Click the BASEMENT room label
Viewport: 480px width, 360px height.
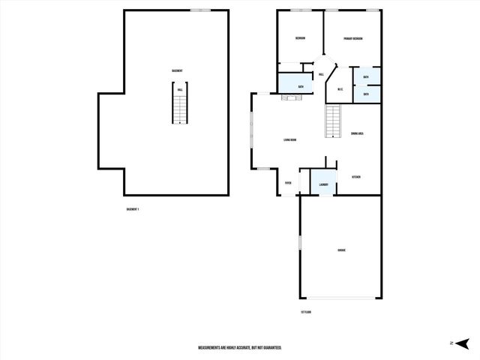pos(177,70)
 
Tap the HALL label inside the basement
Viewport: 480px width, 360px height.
pos(180,90)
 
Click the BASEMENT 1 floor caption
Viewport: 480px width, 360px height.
pos(133,208)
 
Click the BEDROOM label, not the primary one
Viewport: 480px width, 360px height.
pos(300,37)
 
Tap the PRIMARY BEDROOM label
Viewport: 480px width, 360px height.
pos(353,38)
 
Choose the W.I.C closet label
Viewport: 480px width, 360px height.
pos(340,90)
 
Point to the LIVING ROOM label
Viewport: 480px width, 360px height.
pos(290,140)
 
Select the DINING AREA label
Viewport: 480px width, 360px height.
pos(357,133)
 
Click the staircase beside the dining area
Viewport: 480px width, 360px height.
pos(333,121)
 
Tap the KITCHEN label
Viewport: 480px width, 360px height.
pos(356,177)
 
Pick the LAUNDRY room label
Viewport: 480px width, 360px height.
pos(323,184)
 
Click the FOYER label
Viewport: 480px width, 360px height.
pos(288,183)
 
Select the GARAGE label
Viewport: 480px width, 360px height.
pos(341,250)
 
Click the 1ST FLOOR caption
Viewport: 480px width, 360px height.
pos(305,311)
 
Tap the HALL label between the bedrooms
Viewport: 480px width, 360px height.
pos(321,75)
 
